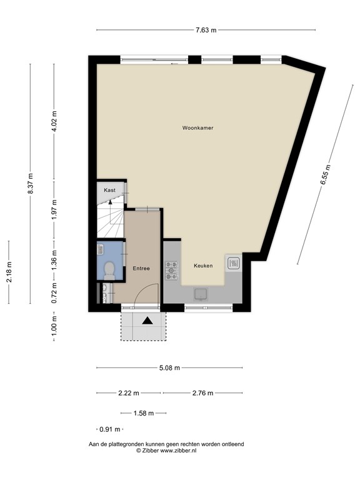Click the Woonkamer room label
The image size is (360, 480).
198,127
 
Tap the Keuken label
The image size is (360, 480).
203,266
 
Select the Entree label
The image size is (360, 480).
141,268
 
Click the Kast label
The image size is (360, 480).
110,189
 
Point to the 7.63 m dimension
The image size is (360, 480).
205,29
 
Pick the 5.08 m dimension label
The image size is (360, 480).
169,367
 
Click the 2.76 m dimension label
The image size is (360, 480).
202,393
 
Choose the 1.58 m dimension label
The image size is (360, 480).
142,413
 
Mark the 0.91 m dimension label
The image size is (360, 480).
109,429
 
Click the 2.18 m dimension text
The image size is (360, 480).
9,272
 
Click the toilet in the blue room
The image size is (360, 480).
109,269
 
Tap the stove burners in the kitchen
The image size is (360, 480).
171,270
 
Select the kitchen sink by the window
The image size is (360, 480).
202,294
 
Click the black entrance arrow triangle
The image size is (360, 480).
147,321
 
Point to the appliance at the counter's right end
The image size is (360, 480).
234,262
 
